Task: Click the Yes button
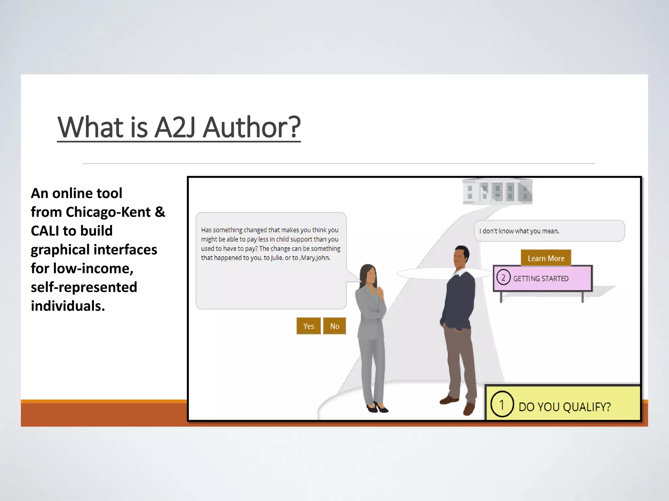[x=308, y=326]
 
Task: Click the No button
[x=334, y=326]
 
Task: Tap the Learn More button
[x=546, y=258]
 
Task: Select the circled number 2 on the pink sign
[x=503, y=278]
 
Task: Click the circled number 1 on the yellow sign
[x=502, y=404]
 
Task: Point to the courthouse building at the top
[x=497, y=192]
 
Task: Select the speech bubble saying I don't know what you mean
[x=549, y=231]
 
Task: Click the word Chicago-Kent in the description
[x=108, y=212]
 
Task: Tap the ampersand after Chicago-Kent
[x=160, y=212]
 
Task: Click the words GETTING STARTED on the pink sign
[x=541, y=279]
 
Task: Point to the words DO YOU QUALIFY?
[x=564, y=407]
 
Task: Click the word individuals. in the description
[x=68, y=306]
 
